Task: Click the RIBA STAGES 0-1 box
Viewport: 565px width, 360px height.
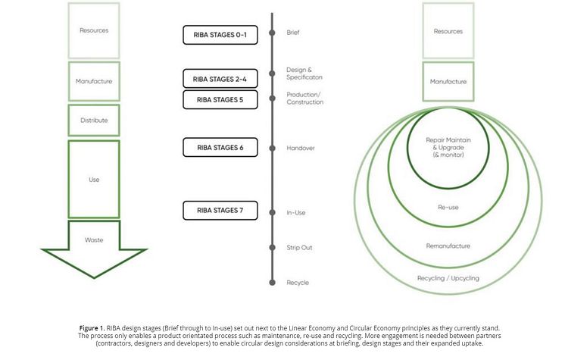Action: [x=220, y=35]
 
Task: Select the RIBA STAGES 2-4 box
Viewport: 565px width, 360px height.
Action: [x=220, y=79]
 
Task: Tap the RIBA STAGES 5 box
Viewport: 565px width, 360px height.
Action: [x=220, y=99]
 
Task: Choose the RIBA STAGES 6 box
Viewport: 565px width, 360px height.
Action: [x=220, y=148]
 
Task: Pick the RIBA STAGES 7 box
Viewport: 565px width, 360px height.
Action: [x=220, y=210]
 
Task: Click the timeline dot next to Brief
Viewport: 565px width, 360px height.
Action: [x=272, y=33]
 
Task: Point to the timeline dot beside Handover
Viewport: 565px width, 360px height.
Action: [x=272, y=149]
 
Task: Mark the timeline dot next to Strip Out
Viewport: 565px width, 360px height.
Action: [x=272, y=248]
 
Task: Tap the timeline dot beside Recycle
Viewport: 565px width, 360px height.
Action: [x=272, y=283]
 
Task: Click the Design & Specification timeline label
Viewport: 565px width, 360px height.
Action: [x=304, y=74]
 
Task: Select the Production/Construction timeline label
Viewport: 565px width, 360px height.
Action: [x=304, y=98]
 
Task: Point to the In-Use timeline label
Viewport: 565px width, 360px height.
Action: [x=296, y=213]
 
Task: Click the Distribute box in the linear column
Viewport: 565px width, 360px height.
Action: [x=94, y=121]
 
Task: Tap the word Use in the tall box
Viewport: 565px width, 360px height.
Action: [x=94, y=180]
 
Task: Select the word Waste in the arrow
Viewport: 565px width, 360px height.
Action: [x=94, y=240]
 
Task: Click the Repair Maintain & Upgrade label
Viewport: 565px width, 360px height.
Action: [x=448, y=147]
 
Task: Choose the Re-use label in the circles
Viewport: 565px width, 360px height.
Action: [x=448, y=207]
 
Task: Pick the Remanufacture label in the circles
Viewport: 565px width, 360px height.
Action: [x=448, y=246]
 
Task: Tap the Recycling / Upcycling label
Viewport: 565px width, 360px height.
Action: [x=448, y=278]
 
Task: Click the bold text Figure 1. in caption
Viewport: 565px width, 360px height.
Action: [x=92, y=328]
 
